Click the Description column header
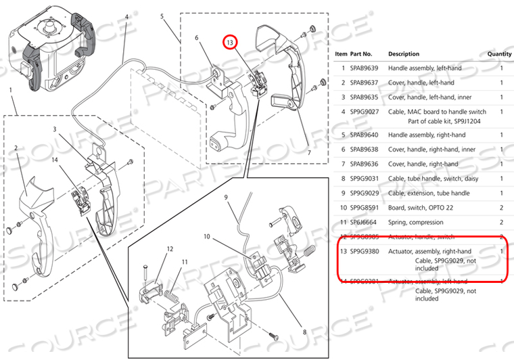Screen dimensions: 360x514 point(403,54)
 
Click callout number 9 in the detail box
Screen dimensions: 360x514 point(227,198)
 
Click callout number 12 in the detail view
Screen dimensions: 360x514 point(170,250)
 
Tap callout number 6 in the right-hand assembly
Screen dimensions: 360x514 point(197,39)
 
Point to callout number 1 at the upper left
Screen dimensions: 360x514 point(11,90)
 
